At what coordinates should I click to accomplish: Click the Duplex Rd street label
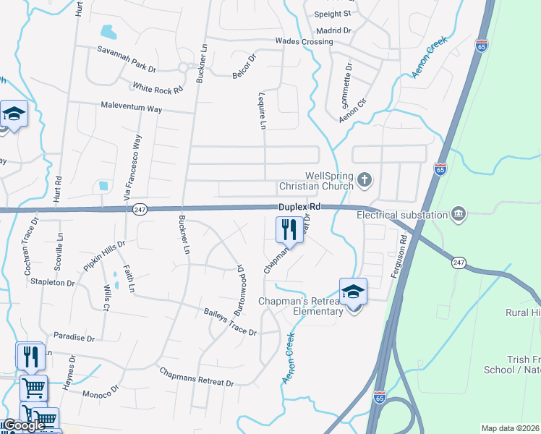point(299,207)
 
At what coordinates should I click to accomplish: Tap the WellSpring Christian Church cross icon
point(365,179)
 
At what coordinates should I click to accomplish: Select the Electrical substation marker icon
point(457,214)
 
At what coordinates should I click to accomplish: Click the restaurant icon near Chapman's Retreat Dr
point(289,231)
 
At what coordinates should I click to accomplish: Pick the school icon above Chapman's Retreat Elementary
point(353,292)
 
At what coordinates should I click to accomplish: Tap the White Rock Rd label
point(158,88)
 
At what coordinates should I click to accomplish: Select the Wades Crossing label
point(304,41)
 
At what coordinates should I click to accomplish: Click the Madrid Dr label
point(333,30)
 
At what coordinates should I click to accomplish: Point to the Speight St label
point(332,14)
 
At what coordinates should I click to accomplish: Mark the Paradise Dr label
point(74,338)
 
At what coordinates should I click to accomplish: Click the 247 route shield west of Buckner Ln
point(140,209)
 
